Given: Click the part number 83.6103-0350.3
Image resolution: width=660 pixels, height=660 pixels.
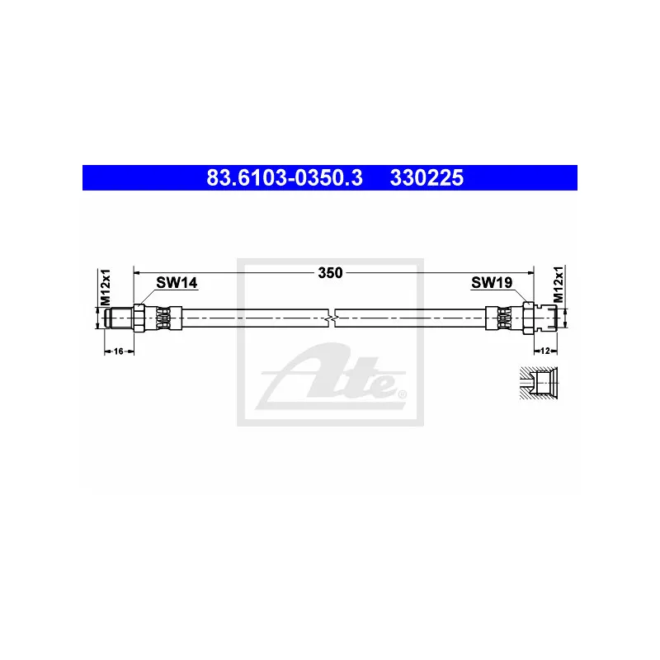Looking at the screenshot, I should pyautogui.click(x=283, y=177).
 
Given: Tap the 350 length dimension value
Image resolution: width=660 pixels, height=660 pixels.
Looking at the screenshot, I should pyautogui.click(x=331, y=271).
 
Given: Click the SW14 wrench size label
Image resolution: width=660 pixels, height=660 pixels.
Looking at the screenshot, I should pyautogui.click(x=177, y=283).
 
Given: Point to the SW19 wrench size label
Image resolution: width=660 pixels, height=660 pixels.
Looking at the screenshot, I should pyautogui.click(x=492, y=283).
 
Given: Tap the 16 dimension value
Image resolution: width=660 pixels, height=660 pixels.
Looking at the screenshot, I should pyautogui.click(x=118, y=351).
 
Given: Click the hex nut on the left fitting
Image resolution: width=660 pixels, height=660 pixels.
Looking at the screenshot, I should pyautogui.click(x=140, y=318).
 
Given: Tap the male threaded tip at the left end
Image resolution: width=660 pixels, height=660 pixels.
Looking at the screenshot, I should pyautogui.click(x=115, y=318).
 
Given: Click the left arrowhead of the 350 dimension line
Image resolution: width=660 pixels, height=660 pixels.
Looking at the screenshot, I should pyautogui.click(x=138, y=271).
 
